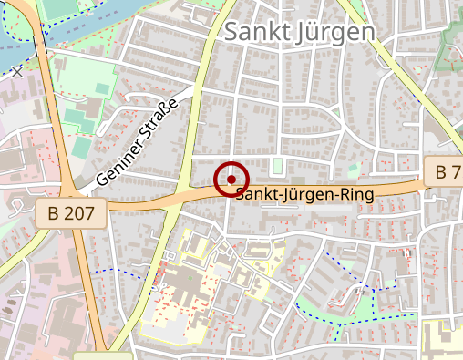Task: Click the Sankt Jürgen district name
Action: [x=299, y=31]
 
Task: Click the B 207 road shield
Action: [x=72, y=213]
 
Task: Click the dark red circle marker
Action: [x=231, y=180]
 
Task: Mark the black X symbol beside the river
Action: [x=16, y=70]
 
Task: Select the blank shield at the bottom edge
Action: [x=102, y=355]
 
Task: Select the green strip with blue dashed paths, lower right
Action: [x=365, y=305]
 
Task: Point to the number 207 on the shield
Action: [x=80, y=213]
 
